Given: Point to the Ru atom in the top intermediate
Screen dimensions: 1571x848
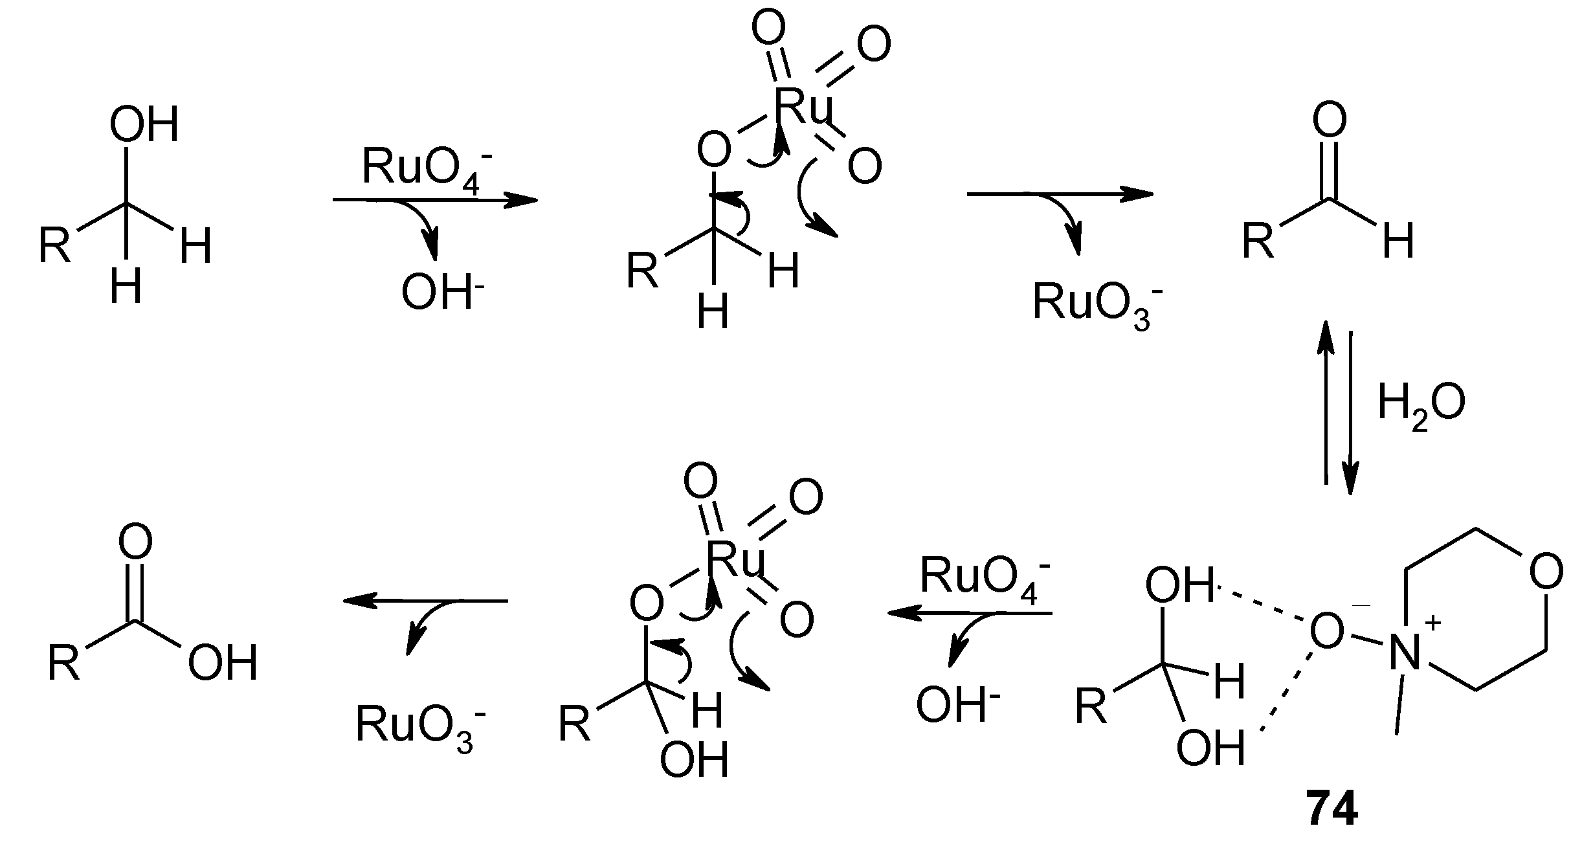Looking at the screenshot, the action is point(803,105).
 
